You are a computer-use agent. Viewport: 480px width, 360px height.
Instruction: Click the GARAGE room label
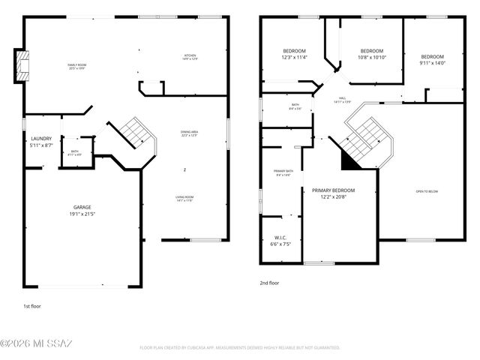[x=83, y=210]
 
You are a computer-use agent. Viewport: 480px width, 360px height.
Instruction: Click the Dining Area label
[x=188, y=134]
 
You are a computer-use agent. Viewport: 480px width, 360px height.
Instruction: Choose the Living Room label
[x=184, y=198]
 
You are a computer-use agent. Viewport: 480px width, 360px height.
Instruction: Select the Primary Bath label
[x=283, y=172]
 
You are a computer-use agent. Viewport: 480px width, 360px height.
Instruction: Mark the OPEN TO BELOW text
[x=427, y=191]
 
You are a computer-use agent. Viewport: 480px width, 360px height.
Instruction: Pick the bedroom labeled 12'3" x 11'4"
[x=294, y=54]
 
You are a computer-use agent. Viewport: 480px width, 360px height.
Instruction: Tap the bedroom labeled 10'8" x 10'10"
[x=372, y=54]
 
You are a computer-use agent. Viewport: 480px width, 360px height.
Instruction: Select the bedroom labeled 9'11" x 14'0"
[x=432, y=60]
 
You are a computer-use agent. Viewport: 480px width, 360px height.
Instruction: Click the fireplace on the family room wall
[x=22, y=65]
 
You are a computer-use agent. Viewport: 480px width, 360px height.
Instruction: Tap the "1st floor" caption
[x=31, y=306]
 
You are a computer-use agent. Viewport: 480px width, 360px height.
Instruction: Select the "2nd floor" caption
[x=268, y=283]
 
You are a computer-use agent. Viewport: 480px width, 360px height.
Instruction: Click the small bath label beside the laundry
[x=75, y=153]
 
